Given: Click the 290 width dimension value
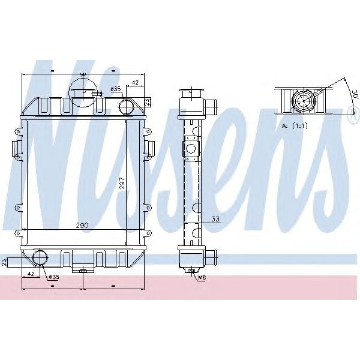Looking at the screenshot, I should coord(82,225).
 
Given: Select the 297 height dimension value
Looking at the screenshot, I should coord(122,183).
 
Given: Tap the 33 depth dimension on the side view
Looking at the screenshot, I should coord(214,219).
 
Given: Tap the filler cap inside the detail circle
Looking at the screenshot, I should coord(83,94).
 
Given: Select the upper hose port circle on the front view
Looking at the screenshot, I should coord(127,107).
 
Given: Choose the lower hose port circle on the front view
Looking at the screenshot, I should coord(40,259).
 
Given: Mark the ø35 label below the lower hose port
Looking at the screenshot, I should coord(53,277).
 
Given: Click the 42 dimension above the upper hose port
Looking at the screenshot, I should coord(135,82).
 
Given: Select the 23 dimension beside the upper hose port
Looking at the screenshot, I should coord(148,101).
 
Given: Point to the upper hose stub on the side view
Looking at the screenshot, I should coord(210,106).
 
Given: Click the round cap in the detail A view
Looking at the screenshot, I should coord(303,100).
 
